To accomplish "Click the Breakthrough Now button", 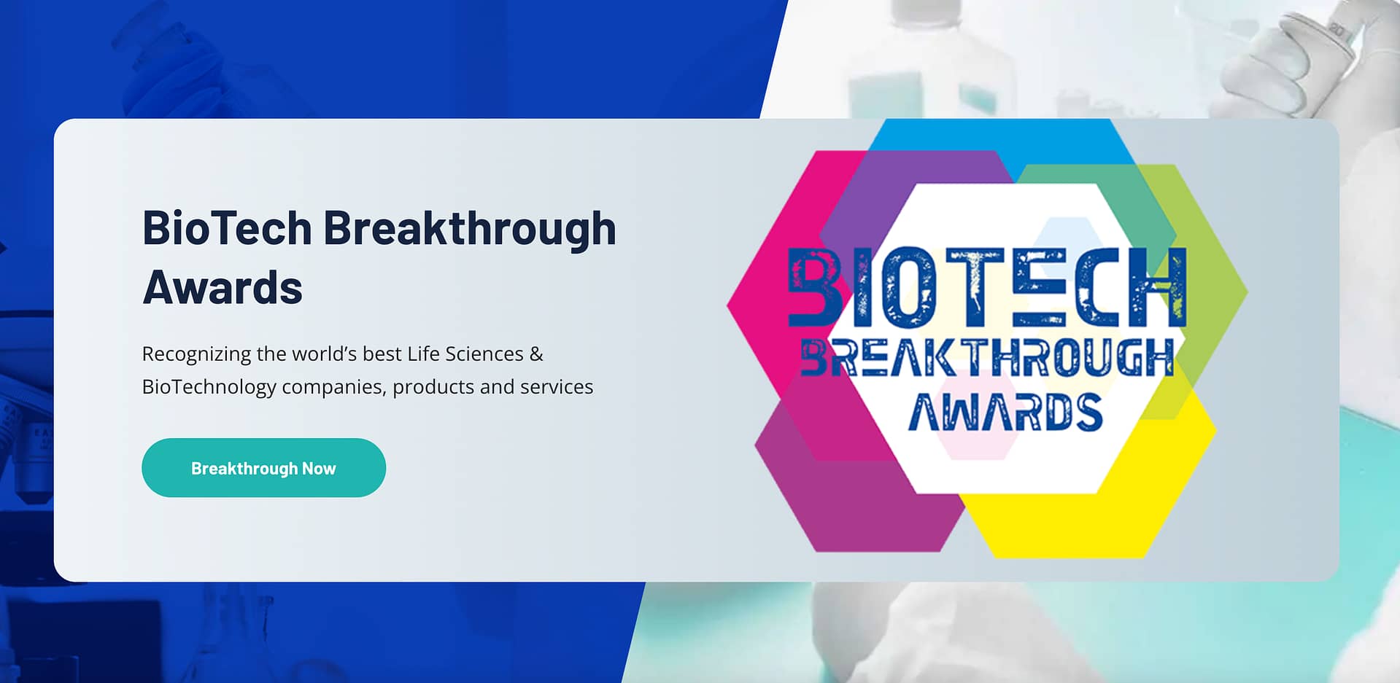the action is [x=263, y=468].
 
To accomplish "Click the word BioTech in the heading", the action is [x=228, y=228].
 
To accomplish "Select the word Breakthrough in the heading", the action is [x=470, y=228].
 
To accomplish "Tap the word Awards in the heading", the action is [x=223, y=287].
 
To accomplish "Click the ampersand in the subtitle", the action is [x=536, y=354].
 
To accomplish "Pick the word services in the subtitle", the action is [x=557, y=386].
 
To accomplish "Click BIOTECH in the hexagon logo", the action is [x=988, y=287].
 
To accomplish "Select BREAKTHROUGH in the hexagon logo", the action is [x=988, y=358].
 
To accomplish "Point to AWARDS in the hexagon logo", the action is [x=1005, y=412].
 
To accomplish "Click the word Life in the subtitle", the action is [x=423, y=354].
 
